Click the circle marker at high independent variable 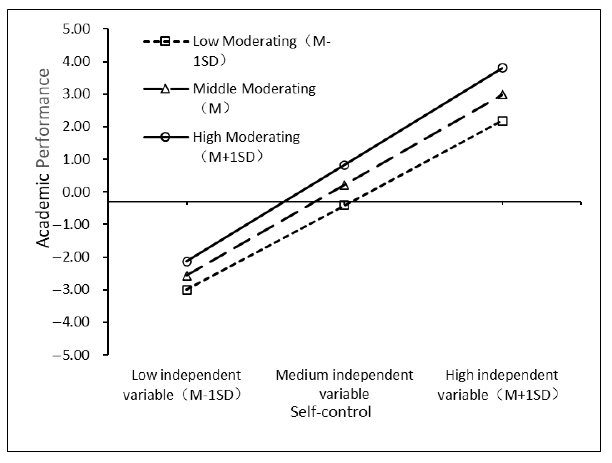coord(502,68)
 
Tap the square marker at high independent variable coord(502,121)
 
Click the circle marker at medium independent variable coord(344,165)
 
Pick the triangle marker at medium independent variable coord(344,186)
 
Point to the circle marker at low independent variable coord(187,261)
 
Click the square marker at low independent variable coord(187,290)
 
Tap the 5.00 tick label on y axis coord(76,29)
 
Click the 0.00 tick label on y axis coord(76,192)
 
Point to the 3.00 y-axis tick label coord(76,94)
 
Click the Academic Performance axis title coord(43,158)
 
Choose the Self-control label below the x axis coord(331,412)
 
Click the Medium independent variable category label coord(344,384)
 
